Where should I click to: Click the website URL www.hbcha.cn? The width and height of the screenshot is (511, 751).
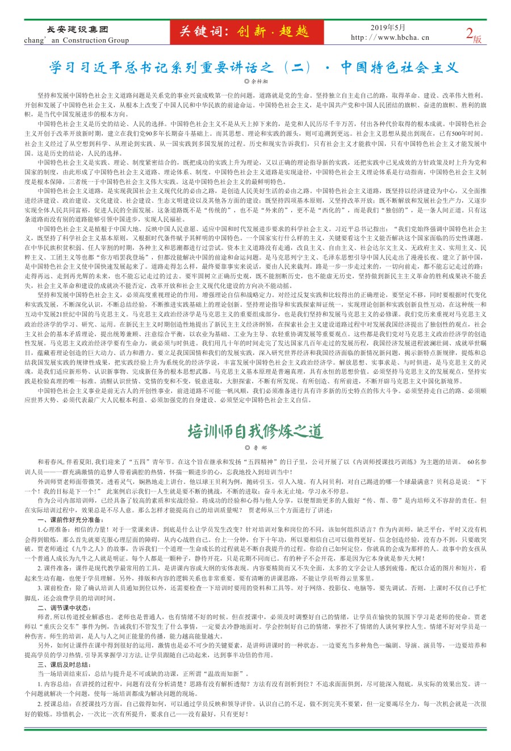400,38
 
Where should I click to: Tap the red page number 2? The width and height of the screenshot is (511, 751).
470,34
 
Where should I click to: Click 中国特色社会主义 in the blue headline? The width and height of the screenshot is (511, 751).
400,68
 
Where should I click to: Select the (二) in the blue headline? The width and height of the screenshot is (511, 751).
296,68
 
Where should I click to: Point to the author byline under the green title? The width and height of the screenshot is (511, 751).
256,448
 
